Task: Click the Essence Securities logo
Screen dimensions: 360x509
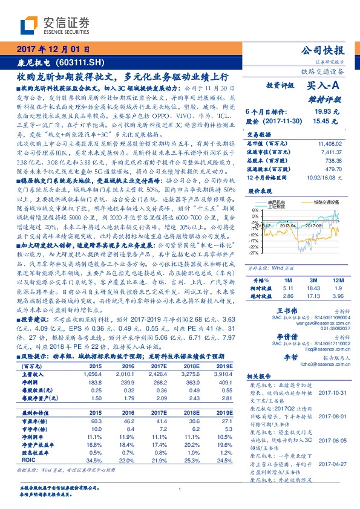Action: pos(54,25)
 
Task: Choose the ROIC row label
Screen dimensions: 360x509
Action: pos(28,461)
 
